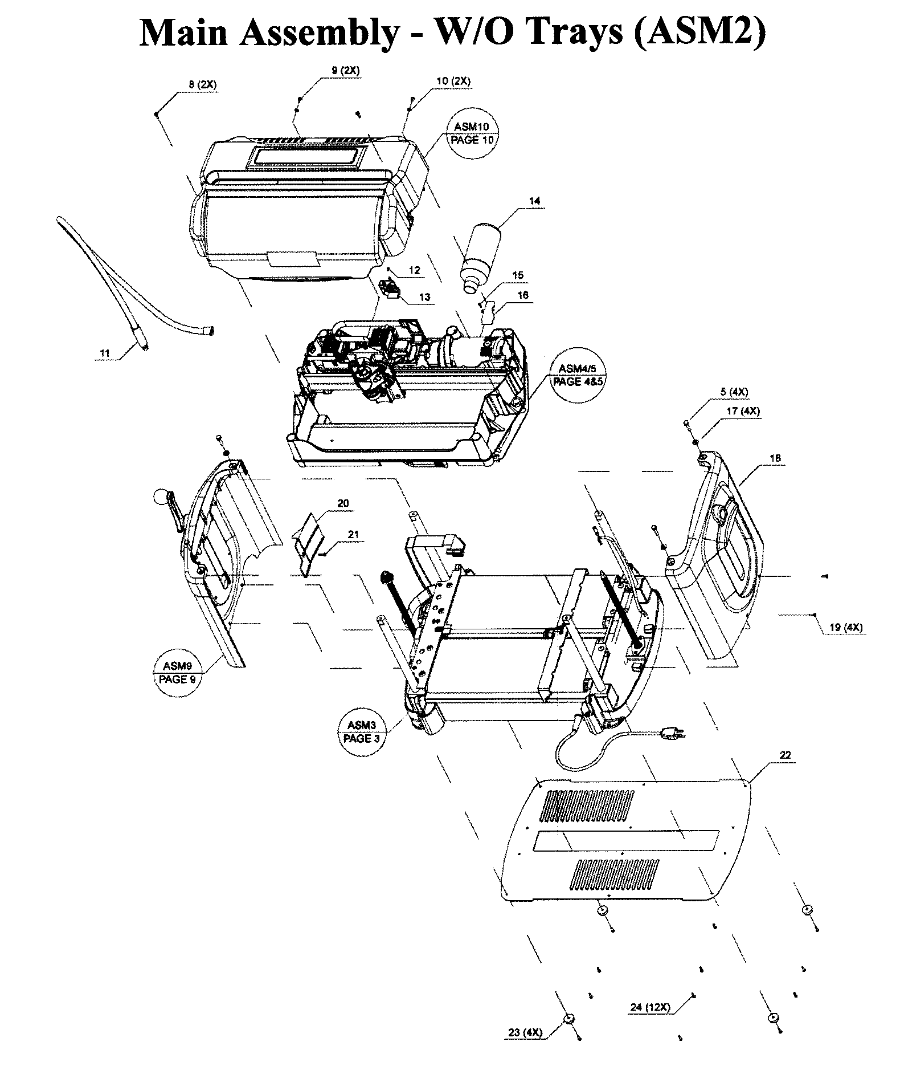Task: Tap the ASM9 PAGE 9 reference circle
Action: pos(177,673)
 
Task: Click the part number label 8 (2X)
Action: pos(202,84)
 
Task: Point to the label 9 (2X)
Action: pos(345,71)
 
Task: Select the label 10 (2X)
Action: pos(453,81)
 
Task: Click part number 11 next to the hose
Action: pos(104,353)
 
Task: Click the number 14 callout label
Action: pos(534,201)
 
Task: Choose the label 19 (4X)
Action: pos(846,627)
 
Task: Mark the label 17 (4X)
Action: pos(743,410)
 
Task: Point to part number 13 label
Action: pos(424,297)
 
